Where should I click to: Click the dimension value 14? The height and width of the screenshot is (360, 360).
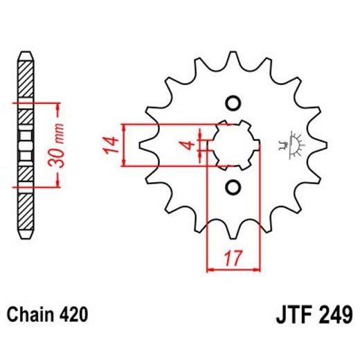pos(109,146)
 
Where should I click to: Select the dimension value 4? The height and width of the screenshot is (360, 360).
pos(186,145)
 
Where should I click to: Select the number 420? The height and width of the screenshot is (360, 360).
pos(73,315)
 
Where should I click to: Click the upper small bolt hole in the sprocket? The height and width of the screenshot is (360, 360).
pos(233,104)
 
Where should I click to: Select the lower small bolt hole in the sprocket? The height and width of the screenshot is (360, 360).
pos(233,188)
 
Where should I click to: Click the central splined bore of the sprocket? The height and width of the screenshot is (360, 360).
pos(233,145)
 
